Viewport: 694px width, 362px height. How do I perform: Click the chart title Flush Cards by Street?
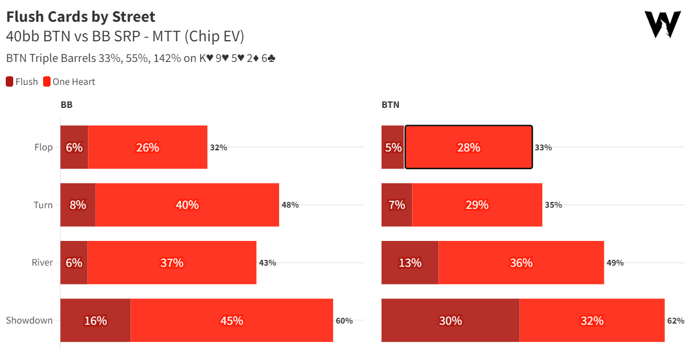pyautogui.click(x=80, y=17)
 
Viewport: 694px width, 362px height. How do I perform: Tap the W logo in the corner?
pyautogui.click(x=662, y=25)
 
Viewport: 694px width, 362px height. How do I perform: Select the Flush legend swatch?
pyautogui.click(x=10, y=81)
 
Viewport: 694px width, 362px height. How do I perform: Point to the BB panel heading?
pyautogui.click(x=67, y=105)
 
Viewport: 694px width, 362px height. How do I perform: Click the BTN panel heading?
pyautogui.click(x=390, y=105)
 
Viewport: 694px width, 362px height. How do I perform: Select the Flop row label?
pyautogui.click(x=44, y=147)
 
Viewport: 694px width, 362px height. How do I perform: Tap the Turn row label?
pyautogui.click(x=44, y=205)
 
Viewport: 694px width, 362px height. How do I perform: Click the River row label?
pyautogui.click(x=43, y=263)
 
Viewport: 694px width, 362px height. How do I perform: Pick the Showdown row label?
pyautogui.click(x=29, y=320)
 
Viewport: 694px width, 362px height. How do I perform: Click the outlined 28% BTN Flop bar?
pyautogui.click(x=468, y=147)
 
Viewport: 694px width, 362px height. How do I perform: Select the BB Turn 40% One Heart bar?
pyautogui.click(x=187, y=205)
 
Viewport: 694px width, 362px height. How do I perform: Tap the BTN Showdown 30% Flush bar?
pyautogui.click(x=450, y=320)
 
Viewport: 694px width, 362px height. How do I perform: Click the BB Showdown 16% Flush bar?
pyautogui.click(x=95, y=320)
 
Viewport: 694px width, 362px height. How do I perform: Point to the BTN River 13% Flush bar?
pyautogui.click(x=410, y=263)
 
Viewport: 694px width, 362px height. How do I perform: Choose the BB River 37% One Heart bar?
pyautogui.click(x=172, y=263)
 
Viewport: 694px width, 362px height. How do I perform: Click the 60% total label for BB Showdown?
pyautogui.click(x=344, y=321)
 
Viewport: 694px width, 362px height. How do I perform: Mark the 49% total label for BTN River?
pyautogui.click(x=615, y=263)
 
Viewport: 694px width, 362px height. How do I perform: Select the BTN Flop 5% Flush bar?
pyautogui.click(x=393, y=147)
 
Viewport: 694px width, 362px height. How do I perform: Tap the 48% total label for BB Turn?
pyautogui.click(x=290, y=205)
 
